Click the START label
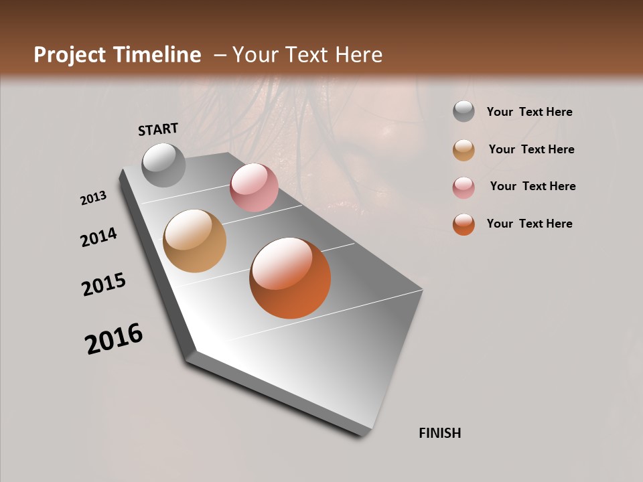tap(158, 129)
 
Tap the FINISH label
tap(440, 433)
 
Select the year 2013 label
tap(94, 198)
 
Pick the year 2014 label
tap(99, 238)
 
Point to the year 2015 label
tap(104, 285)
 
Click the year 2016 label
tap(114, 339)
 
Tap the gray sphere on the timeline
tap(164, 165)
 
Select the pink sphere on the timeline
tap(254, 187)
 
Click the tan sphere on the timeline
tap(194, 241)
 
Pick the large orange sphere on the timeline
tap(290, 278)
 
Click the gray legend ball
tap(463, 112)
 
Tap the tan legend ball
tap(463, 150)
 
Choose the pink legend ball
tap(463, 187)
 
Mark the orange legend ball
tap(463, 224)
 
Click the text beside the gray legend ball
tap(529, 112)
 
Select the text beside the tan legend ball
tap(531, 149)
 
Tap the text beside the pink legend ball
tap(532, 186)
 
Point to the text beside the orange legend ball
tap(529, 224)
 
